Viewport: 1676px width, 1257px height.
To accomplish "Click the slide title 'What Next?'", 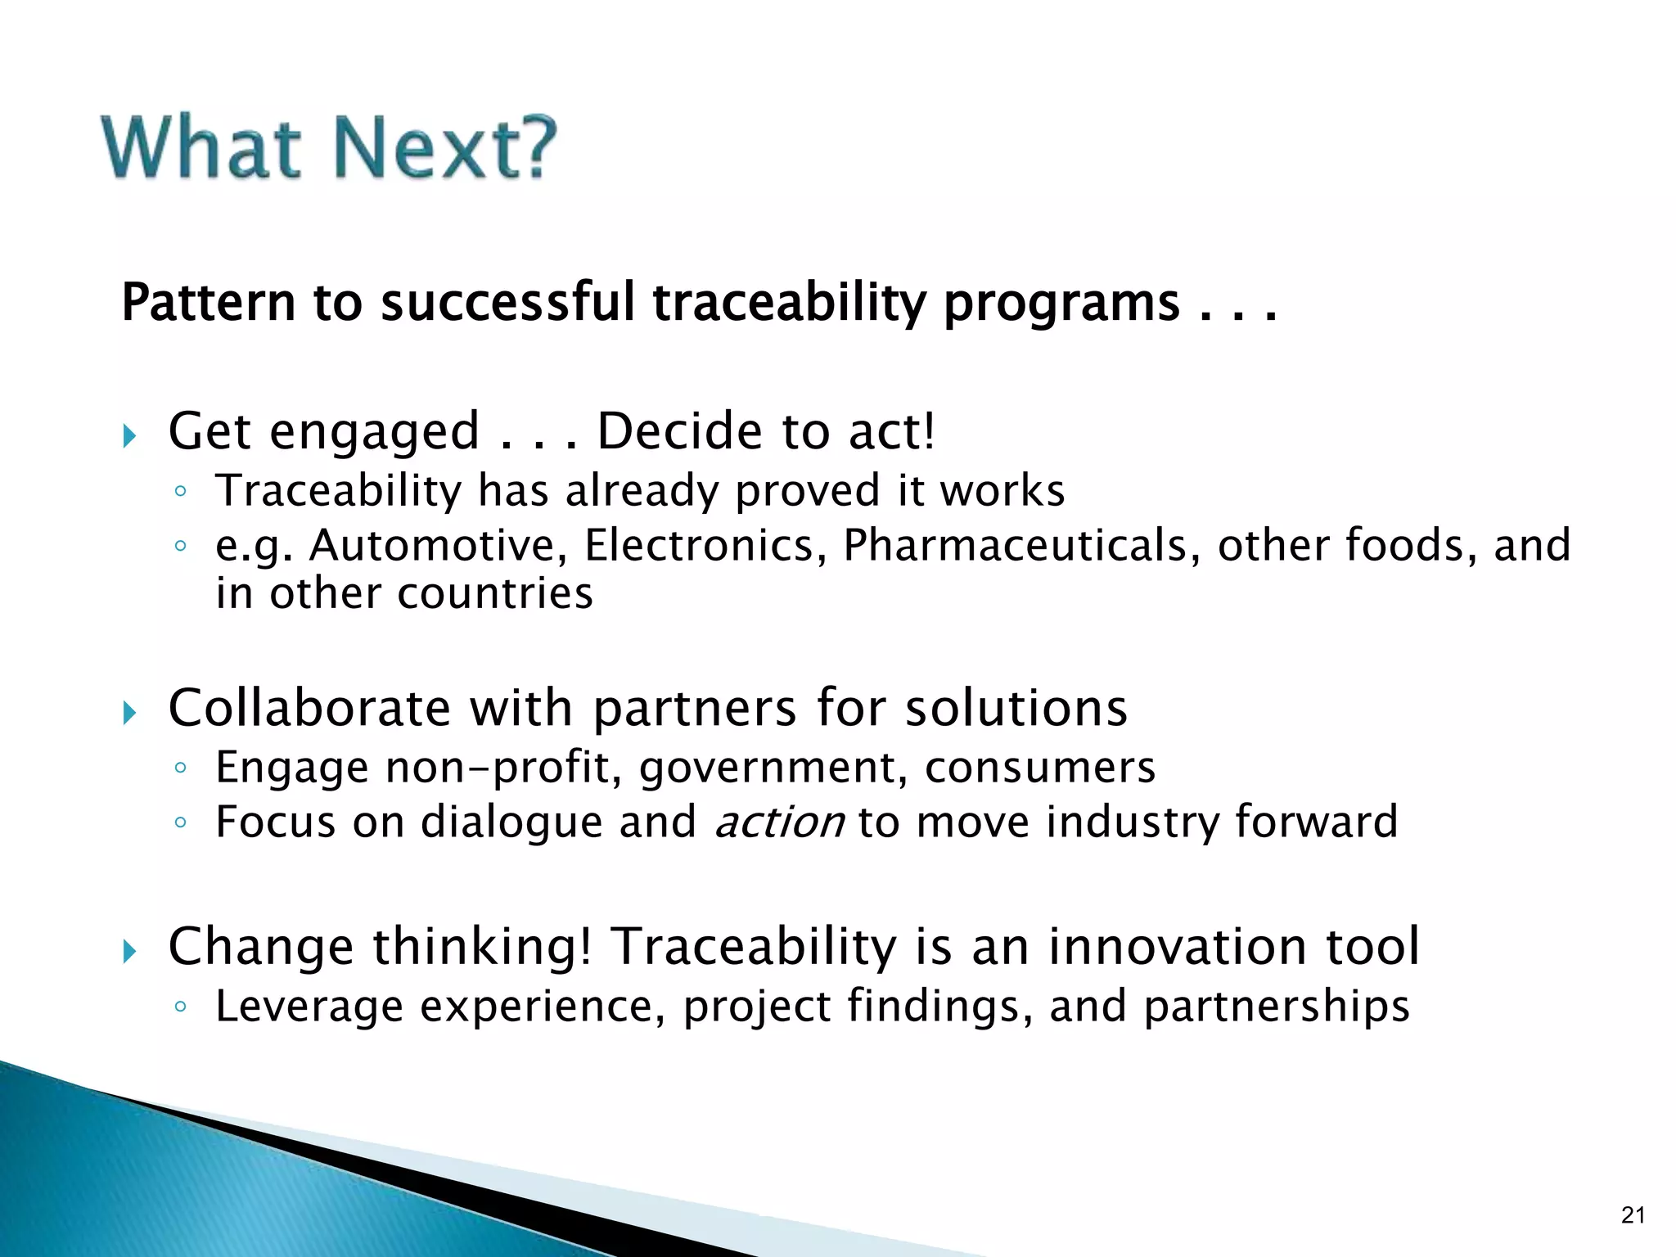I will point(329,148).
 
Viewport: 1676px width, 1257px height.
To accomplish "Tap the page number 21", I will point(1632,1214).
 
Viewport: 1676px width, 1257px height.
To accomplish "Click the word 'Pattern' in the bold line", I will point(208,303).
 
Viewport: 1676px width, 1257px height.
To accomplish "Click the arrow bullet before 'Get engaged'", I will point(129,436).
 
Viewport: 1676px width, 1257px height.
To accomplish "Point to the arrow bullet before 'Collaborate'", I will point(129,713).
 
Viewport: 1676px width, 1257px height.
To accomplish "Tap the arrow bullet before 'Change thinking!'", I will point(129,951).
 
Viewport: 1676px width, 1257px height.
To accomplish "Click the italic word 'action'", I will point(779,822).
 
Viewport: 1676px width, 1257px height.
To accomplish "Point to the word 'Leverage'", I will point(309,1007).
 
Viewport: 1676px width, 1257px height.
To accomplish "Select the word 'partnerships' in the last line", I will point(1277,1007).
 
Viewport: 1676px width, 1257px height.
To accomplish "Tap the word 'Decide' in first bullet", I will point(679,431).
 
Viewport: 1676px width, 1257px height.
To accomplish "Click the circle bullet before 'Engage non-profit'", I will point(181,768).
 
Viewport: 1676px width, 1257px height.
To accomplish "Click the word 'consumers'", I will point(1039,768).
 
